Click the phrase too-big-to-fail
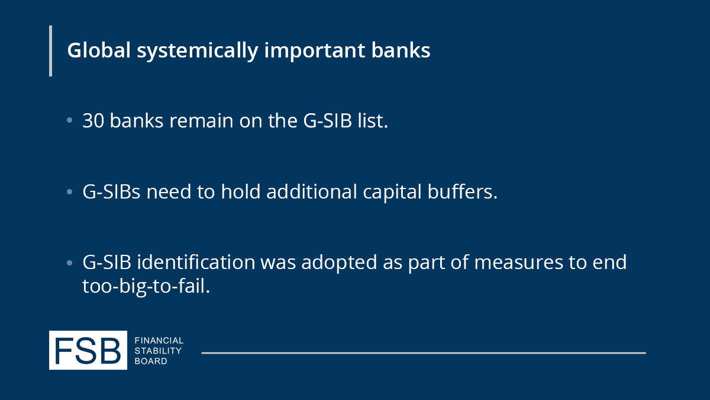(146, 287)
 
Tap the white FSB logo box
(88, 350)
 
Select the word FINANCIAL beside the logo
(159, 341)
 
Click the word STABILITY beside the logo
(158, 351)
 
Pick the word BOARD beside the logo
(151, 361)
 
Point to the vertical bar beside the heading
(50, 51)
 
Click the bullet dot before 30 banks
(70, 121)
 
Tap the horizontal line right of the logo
(423, 353)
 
